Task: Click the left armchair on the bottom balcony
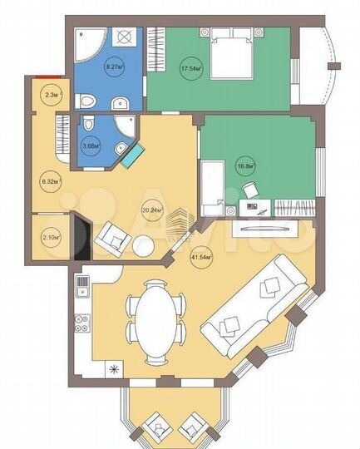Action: pyautogui.click(x=155, y=428)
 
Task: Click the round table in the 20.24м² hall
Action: pyautogui.click(x=143, y=247)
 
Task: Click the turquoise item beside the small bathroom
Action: pyautogui.click(x=130, y=156)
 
